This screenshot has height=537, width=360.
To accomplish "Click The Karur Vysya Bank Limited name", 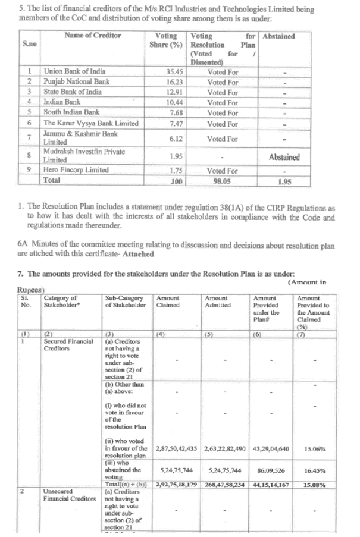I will [91, 123].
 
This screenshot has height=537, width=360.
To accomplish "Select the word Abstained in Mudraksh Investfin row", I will [284, 157].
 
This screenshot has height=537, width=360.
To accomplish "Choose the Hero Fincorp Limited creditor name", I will [76, 170].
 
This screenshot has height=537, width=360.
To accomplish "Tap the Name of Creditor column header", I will [92, 36].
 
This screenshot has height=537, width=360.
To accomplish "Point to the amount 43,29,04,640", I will [271, 447].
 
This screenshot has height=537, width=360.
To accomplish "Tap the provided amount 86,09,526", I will [271, 470].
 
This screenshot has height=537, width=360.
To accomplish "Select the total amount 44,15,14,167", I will [271, 485].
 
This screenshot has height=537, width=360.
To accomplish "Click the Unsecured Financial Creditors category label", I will [68, 495].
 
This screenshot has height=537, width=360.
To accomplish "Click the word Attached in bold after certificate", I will [137, 254].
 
